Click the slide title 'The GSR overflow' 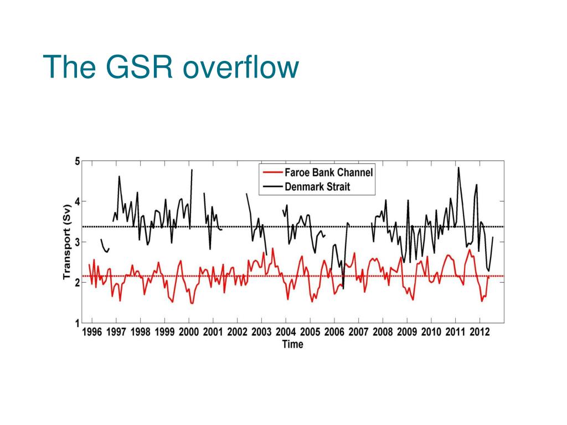pyautogui.click(x=171, y=68)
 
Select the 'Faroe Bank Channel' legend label pyautogui.click(x=329, y=173)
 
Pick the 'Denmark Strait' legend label pyautogui.click(x=317, y=186)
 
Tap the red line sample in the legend pyautogui.click(x=272, y=173)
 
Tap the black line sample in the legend pyautogui.click(x=272, y=186)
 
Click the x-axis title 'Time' pyautogui.click(x=292, y=344)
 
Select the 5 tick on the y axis pyautogui.click(x=77, y=162)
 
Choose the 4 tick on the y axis pyautogui.click(x=77, y=201)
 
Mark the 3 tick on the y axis pyautogui.click(x=77, y=242)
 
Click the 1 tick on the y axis pyautogui.click(x=77, y=323)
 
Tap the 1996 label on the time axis pyautogui.click(x=92, y=332)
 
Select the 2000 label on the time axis pyautogui.click(x=189, y=332)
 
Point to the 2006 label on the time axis pyautogui.click(x=334, y=332)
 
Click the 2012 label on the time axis pyautogui.click(x=480, y=332)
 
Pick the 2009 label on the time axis pyautogui.click(x=407, y=332)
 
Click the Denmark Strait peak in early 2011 pyautogui.click(x=458, y=168)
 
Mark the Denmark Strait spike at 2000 pyautogui.click(x=192, y=170)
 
